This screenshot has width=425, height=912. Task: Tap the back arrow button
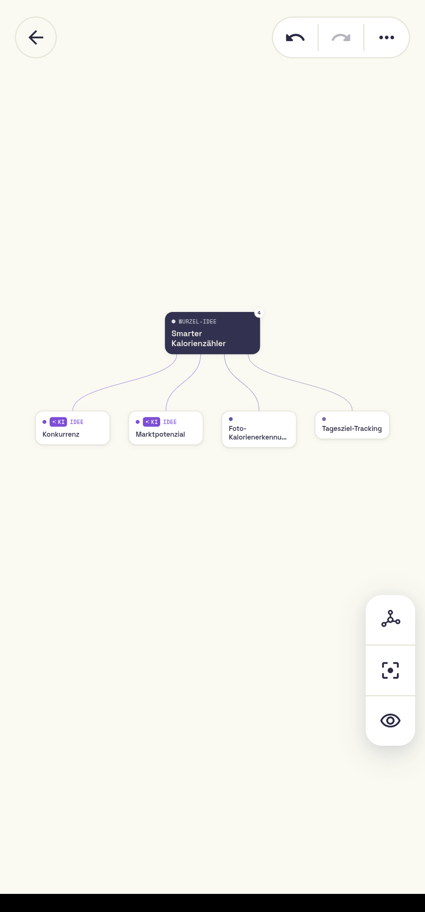pos(36,37)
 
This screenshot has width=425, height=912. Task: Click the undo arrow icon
pos(295,38)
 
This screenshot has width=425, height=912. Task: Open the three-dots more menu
pos(387,37)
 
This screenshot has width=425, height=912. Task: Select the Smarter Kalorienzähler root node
pos(212,333)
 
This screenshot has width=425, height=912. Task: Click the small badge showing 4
pos(259,313)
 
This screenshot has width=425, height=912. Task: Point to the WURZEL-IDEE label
pos(197,321)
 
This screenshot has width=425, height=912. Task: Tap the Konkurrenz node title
pos(61,434)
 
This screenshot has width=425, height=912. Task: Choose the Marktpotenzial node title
pos(160,434)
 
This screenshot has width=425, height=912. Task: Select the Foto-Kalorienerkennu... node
pos(259,429)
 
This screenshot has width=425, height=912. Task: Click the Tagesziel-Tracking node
pos(352,425)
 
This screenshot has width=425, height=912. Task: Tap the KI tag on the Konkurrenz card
pos(58,422)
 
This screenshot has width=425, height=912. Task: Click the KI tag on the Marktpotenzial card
pos(151,422)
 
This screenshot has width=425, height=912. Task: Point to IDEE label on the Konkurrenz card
pos(77,422)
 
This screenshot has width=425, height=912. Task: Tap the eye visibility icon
pos(390,721)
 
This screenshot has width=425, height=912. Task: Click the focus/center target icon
pos(390,670)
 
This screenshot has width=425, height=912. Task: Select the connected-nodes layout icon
pos(390,619)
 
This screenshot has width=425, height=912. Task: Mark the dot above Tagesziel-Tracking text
pos(324,419)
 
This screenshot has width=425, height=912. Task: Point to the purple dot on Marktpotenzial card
pos(138,422)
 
